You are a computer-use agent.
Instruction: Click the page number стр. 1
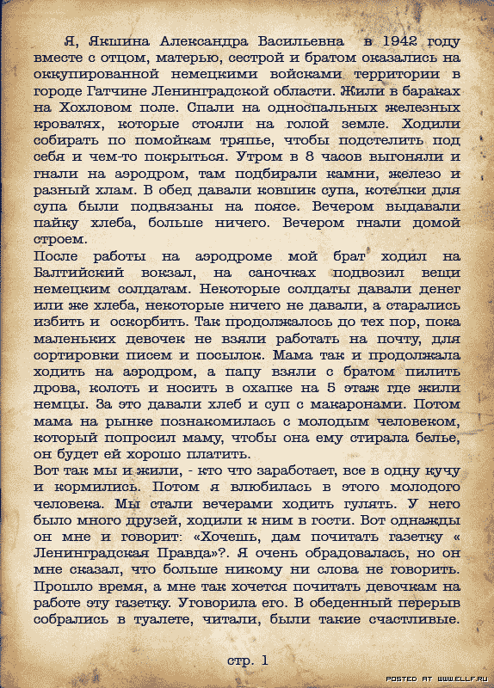[248, 660]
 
